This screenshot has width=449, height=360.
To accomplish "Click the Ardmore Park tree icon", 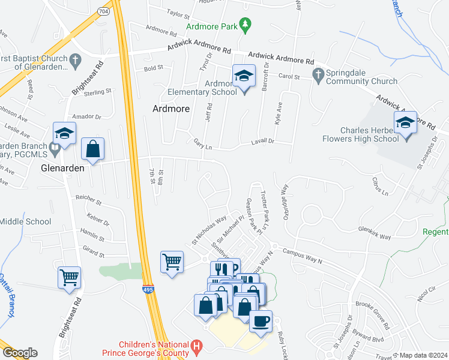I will (244, 25).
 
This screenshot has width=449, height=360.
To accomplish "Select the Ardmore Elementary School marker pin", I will (243, 77).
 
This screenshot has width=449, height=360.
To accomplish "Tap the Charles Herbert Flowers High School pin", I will (405, 124).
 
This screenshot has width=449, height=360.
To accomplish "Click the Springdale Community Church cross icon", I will (318, 74).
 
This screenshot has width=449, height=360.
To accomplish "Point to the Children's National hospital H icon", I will (195, 346).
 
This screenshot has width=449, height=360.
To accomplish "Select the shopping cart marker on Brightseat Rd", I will (70, 278).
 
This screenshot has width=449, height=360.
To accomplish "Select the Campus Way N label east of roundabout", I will (303, 256).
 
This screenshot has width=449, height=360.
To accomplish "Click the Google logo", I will (20, 353).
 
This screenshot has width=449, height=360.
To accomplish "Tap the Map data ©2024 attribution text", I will (423, 355).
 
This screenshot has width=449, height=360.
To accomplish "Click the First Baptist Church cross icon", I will (74, 59).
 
